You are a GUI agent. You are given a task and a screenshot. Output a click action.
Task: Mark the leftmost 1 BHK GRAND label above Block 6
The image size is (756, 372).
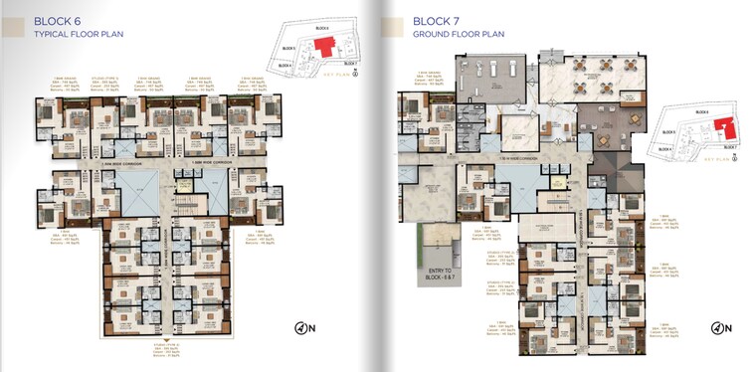point(65,76)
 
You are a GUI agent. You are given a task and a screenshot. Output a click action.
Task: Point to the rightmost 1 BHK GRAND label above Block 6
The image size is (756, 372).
point(255,76)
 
